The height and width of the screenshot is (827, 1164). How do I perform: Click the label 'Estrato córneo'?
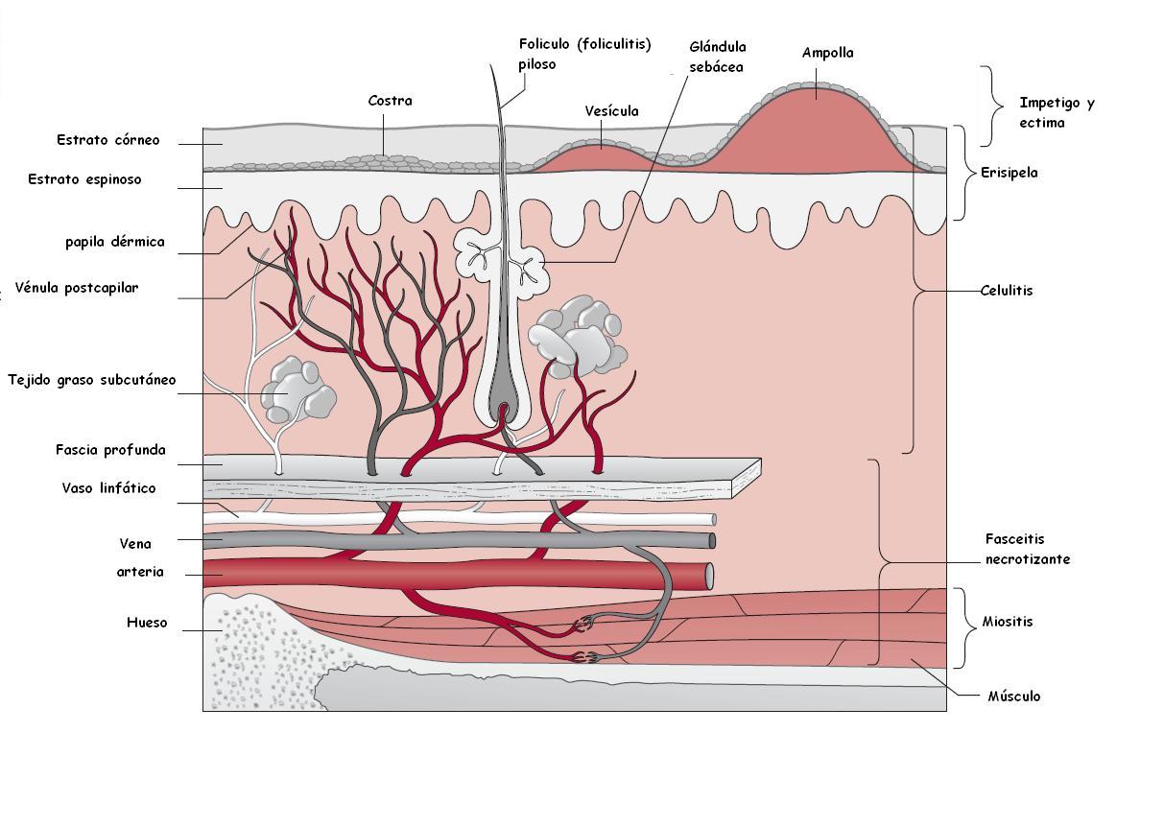tap(107, 140)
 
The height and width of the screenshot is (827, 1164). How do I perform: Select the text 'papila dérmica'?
tap(114, 242)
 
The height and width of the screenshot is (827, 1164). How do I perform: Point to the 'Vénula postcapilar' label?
tap(76, 288)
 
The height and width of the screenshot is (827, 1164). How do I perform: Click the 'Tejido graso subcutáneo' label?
tap(91, 380)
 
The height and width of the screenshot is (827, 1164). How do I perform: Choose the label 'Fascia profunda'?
tap(110, 449)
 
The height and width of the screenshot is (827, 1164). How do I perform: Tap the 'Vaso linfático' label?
tap(108, 488)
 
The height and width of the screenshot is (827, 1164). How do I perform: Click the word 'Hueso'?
tap(147, 623)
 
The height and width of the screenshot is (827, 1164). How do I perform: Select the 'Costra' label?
tap(390, 101)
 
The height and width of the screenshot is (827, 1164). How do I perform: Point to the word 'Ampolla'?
tap(827, 54)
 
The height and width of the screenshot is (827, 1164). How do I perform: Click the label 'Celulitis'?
tap(1007, 290)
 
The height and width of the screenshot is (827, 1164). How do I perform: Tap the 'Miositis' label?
tap(1007, 622)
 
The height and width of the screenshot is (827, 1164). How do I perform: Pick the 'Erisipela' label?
tap(1009, 174)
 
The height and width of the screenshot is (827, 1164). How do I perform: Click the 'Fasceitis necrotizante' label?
tap(1027, 549)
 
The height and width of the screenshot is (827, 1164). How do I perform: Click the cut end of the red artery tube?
tap(709, 576)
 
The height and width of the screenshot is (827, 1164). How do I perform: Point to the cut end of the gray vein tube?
tap(711, 541)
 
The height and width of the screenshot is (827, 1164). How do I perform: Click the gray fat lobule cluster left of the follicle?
tap(297, 390)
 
